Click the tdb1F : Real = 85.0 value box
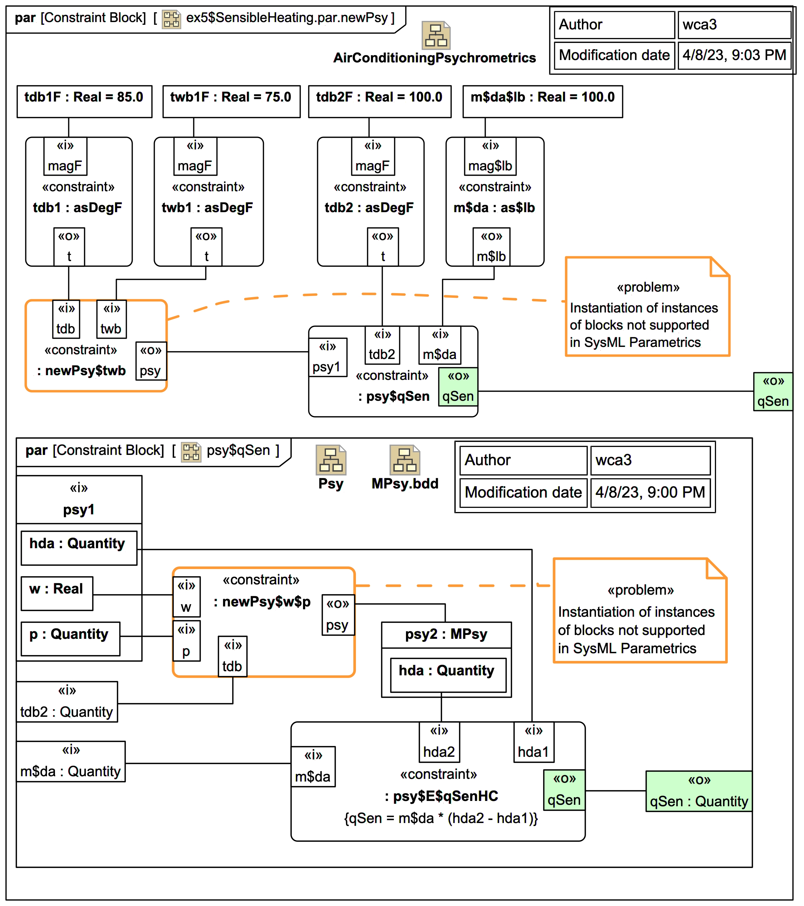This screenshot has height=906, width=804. pos(84,102)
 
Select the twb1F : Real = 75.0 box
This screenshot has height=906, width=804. pos(231,102)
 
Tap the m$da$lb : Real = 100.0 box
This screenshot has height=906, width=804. pos(542,102)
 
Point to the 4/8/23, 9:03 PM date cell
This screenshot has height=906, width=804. pos(734,55)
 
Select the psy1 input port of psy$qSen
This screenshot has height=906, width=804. pos(327,357)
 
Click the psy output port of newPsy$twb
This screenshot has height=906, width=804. pos(151,361)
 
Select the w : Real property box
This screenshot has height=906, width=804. pos(57,593)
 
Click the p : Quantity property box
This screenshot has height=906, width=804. pos(70,638)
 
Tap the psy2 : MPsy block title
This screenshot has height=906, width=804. pos(446,635)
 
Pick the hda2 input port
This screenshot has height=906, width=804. pos(439,742)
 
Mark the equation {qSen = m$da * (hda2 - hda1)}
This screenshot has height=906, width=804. pos(441,818)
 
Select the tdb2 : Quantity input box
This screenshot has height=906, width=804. pos(67,702)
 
